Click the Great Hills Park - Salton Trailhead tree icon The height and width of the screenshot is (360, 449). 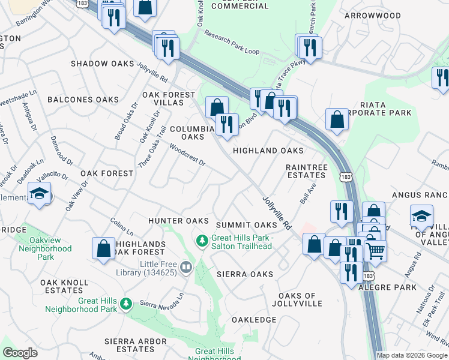pos(202,241)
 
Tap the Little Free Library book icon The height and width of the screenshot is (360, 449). pos(186,267)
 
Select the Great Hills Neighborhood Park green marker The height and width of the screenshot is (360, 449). pos(126,304)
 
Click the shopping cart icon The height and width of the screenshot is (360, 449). pos(375,250)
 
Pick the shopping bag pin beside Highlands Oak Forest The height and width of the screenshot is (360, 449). pos(103,249)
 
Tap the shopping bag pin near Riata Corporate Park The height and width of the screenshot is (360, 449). pos(337,119)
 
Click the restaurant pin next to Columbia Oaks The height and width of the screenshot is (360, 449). pos(226,125)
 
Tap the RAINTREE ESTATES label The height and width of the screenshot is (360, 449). pos(306,171)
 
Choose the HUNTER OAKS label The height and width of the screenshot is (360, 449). pos(178,221)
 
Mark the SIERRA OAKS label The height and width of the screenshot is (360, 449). pos(246,274)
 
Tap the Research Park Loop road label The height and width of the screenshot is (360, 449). pos(232,43)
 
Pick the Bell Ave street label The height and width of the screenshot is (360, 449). pos(308,193)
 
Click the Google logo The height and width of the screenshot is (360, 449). pos(20,353)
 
